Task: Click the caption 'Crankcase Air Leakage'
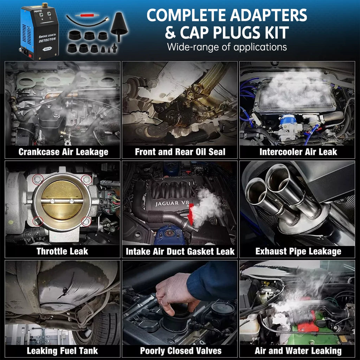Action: (x=63, y=152)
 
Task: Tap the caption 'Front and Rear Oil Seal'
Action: (x=180, y=152)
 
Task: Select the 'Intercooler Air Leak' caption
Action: (x=298, y=152)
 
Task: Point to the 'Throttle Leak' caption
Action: (x=62, y=251)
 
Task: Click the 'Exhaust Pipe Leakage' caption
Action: (x=298, y=251)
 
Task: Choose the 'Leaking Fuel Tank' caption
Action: (x=62, y=351)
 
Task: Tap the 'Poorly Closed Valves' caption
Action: (x=181, y=351)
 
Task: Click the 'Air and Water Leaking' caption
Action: (x=298, y=351)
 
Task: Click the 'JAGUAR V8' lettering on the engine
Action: (x=172, y=204)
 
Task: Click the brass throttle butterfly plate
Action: (x=62, y=200)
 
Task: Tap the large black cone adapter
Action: (x=119, y=26)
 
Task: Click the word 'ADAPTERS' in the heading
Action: (x=268, y=15)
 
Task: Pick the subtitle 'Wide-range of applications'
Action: (x=227, y=47)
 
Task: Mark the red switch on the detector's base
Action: (x=30, y=56)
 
